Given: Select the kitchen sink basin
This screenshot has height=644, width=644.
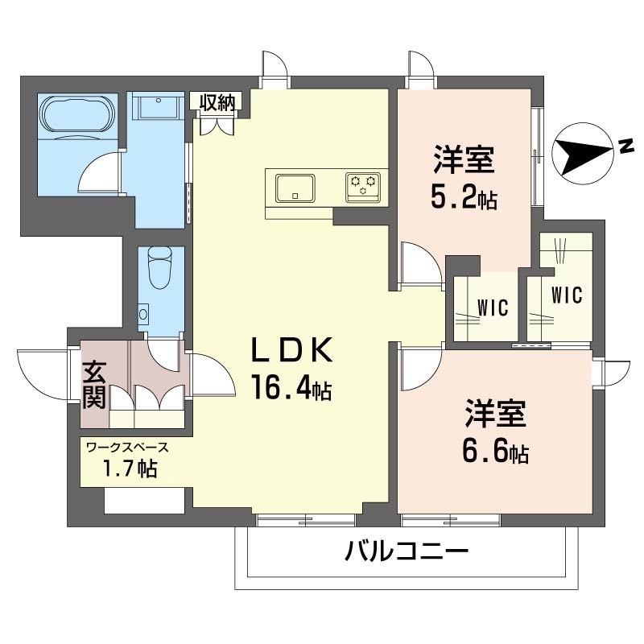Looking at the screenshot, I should [x=295, y=188].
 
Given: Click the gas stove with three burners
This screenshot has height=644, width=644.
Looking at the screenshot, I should [x=363, y=186].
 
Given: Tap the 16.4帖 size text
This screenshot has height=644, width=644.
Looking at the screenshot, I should [x=291, y=390].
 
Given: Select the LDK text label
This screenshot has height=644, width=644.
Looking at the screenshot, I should [x=291, y=351].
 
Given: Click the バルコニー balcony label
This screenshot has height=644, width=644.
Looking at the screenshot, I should [x=407, y=553].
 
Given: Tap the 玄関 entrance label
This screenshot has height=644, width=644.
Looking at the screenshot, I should [x=94, y=385].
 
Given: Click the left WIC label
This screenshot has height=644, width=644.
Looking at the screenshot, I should [x=492, y=307].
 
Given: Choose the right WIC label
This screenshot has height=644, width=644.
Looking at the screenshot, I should [x=567, y=295].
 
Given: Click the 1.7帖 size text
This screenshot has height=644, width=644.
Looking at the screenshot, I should [x=129, y=468].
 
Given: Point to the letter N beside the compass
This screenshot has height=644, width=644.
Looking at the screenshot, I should [x=625, y=145].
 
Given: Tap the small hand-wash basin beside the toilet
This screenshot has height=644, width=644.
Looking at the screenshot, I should [x=143, y=312].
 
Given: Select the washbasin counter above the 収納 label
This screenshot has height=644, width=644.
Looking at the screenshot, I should [x=158, y=108].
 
